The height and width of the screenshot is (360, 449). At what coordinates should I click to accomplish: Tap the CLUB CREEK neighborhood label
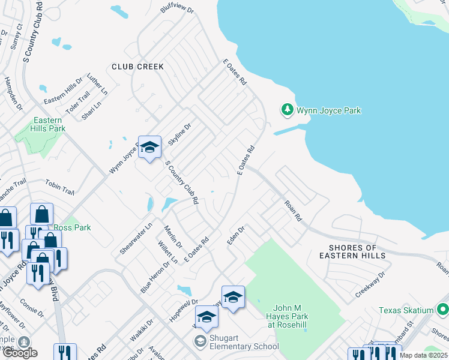(137, 66)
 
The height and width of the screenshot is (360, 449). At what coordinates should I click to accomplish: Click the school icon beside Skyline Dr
(149, 147)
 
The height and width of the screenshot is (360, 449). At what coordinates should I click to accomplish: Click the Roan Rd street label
(293, 211)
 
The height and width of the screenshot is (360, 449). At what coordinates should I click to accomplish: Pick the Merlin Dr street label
(174, 235)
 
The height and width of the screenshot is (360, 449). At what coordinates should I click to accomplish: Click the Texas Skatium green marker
(443, 310)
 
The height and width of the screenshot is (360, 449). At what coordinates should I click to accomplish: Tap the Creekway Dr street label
(369, 284)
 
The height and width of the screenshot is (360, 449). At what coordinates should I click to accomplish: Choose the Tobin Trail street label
(59, 188)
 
